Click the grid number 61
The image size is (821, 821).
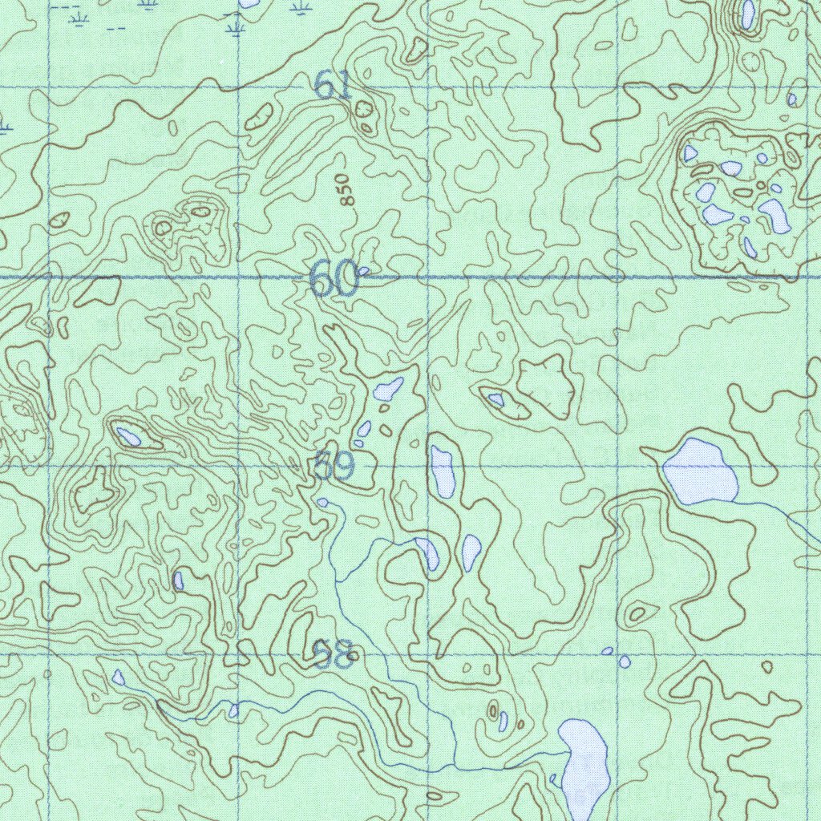pyautogui.click(x=333, y=85)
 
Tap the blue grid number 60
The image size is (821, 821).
pyautogui.click(x=333, y=280)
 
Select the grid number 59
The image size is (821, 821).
pyautogui.click(x=334, y=467)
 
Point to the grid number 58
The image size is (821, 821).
pyautogui.click(x=334, y=655)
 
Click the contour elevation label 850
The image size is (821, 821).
pyautogui.click(x=344, y=190)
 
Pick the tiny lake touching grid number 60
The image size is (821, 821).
pyautogui.click(x=363, y=271)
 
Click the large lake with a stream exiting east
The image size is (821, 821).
pyautogui.click(x=699, y=471)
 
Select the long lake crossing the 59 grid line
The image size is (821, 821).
pyautogui.click(x=443, y=471)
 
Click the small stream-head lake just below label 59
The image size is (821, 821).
pyautogui.click(x=322, y=503)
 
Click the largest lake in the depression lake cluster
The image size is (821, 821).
pyautogui.click(x=774, y=216)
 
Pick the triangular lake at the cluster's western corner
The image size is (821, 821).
pyautogui.click(x=690, y=153)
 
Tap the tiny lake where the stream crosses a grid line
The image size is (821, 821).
pyautogui.click(x=233, y=710)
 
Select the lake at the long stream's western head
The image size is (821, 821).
pyautogui.click(x=119, y=677)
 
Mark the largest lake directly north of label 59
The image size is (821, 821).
pyautogui.click(x=388, y=390)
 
